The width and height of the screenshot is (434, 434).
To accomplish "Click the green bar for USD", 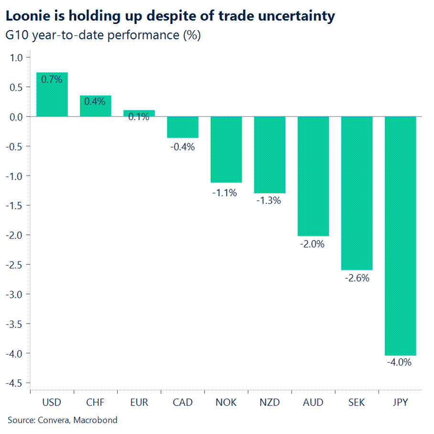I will click(x=52, y=94).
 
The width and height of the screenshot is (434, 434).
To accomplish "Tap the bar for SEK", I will click(x=357, y=193).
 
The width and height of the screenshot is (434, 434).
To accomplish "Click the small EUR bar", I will click(x=139, y=113).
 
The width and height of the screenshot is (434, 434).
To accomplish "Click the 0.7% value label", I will click(x=52, y=80).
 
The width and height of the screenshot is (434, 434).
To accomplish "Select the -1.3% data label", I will click(x=269, y=200).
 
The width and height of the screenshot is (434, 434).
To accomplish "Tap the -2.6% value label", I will click(x=357, y=278).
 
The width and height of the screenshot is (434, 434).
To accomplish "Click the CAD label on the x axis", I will click(x=183, y=402).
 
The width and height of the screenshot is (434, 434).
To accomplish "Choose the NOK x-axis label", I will click(x=226, y=402).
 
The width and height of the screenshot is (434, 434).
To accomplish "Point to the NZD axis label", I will click(x=270, y=402).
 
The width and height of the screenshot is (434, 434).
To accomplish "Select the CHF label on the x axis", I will click(x=96, y=402).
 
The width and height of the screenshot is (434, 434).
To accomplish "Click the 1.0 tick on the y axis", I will click(x=16, y=58).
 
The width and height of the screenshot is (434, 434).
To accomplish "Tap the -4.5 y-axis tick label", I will click(x=15, y=383).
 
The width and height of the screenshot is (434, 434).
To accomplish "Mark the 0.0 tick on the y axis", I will click(x=16, y=117).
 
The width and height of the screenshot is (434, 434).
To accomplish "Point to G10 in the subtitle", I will click(x=16, y=35).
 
